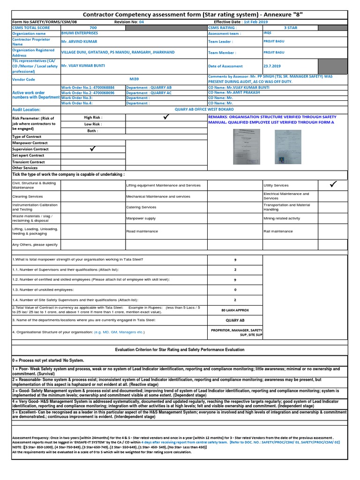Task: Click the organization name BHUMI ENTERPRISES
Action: coord(80,33)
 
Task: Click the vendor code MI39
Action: coord(134,80)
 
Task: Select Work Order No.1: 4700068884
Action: coord(88,87)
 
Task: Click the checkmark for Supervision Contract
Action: coord(93,149)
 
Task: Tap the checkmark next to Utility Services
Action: coord(334,185)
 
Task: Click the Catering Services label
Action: coord(141,207)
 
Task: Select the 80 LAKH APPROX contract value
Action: coord(235,310)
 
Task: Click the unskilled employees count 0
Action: coord(235,289)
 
